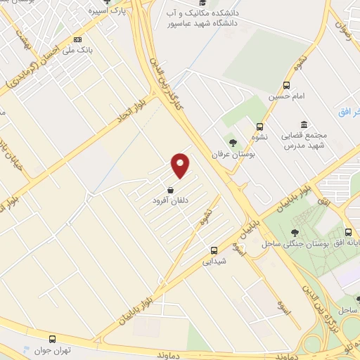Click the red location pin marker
click(x=181, y=165)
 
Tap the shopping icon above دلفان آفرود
click(x=171, y=190)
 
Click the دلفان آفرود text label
click(x=171, y=201)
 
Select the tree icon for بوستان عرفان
click(x=233, y=143)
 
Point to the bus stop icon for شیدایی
click(x=214, y=250)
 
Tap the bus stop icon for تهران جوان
click(x=52, y=339)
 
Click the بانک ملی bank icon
click(x=78, y=39)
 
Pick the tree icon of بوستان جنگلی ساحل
click(x=295, y=233)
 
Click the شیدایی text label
click(x=214, y=262)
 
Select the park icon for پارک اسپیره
click(x=107, y=2)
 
